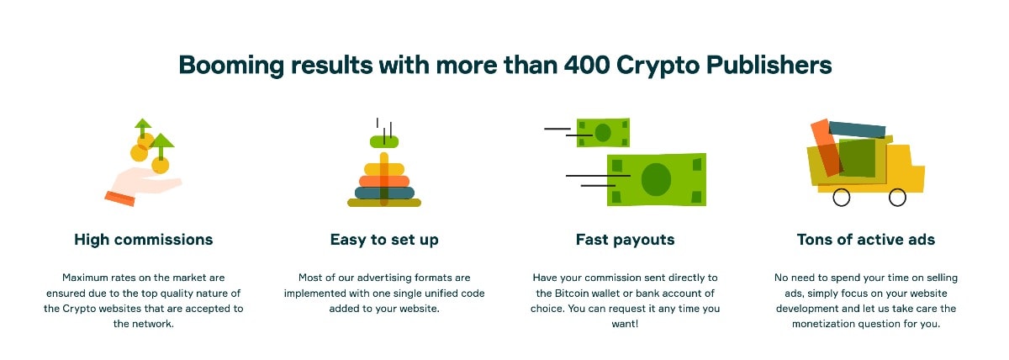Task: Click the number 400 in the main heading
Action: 587,65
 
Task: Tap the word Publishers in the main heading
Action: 769,65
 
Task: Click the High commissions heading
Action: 143,240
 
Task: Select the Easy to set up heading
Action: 384,241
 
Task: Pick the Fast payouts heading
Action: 626,241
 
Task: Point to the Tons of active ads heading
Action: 866,240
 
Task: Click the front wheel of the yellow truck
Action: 897,198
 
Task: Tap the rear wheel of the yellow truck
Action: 841,198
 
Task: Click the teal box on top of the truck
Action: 857,130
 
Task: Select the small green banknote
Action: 603,132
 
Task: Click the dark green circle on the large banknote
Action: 656,179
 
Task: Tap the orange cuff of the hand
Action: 120,199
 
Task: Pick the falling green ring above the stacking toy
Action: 384,142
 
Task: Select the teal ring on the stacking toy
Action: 384,193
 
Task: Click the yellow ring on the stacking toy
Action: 384,169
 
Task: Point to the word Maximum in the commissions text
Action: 85,278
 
